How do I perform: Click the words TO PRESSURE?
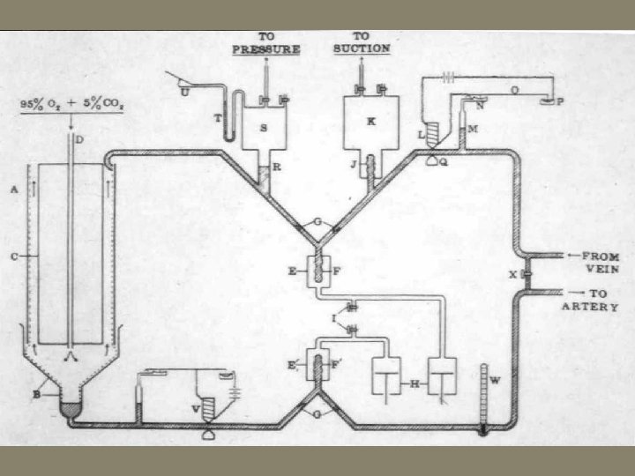tap(265, 43)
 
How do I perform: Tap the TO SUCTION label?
tap(362, 43)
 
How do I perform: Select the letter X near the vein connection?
tap(512, 274)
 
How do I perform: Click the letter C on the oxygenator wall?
tap(13, 257)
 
